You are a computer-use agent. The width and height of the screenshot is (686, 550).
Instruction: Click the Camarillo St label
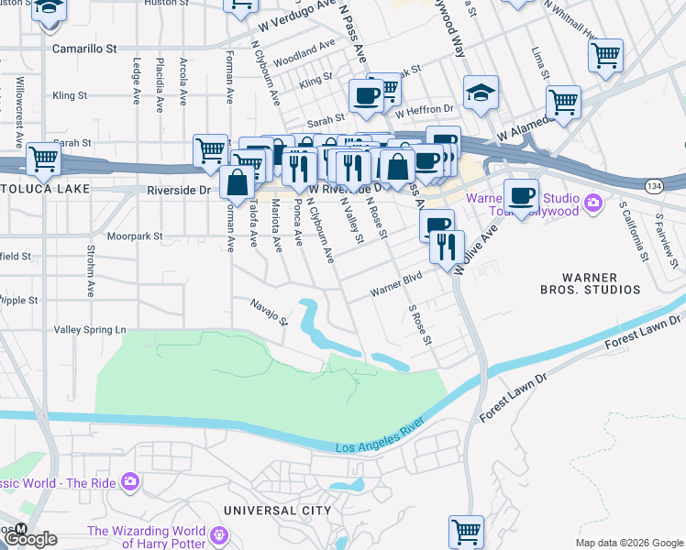tap(84, 47)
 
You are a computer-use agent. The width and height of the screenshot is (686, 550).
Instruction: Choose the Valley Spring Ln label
tap(90, 329)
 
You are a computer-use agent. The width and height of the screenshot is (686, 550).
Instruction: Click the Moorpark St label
tap(134, 236)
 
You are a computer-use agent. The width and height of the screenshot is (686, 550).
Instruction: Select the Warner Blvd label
tap(395, 291)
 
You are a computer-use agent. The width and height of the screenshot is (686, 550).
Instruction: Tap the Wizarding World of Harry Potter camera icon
tap(219, 534)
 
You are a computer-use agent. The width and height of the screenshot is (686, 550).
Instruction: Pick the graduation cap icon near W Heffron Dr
tap(481, 93)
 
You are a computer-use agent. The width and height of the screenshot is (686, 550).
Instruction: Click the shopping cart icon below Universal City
tap(466, 531)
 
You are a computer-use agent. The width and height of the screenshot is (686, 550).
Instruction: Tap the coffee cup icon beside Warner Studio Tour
tap(521, 196)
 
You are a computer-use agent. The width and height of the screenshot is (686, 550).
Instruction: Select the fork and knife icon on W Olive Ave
tap(447, 247)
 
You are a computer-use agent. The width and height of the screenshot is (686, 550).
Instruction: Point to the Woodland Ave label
tap(304, 48)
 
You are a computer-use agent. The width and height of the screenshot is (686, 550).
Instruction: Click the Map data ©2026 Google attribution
tap(628, 543)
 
